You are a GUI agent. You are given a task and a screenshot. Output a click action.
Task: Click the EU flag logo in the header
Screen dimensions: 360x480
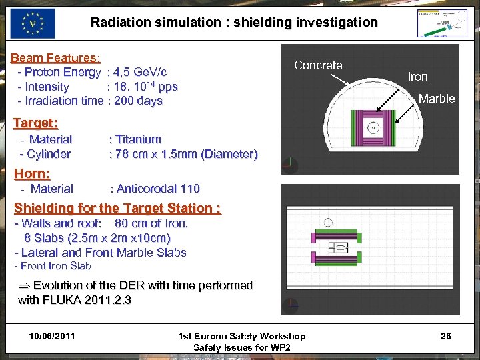coord(33,23)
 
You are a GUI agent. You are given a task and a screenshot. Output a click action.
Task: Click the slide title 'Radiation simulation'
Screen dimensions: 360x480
coord(233,22)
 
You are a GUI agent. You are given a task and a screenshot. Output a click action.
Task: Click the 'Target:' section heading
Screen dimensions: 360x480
coord(36,123)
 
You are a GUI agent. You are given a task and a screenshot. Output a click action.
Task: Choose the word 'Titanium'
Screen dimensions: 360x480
coord(138,139)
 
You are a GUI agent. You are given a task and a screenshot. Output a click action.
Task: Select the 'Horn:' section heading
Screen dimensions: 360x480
coord(32,173)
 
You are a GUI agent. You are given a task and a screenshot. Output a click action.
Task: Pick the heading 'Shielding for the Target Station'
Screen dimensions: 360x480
coord(117,207)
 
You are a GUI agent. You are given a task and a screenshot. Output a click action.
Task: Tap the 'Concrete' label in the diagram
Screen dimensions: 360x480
coord(318,65)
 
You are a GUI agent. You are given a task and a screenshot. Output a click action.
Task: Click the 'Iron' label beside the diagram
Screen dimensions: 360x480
coord(417,77)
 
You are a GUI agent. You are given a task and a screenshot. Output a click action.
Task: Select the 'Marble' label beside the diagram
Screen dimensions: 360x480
coord(436,99)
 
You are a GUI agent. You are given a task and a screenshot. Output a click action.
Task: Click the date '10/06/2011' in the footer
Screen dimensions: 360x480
coord(52,336)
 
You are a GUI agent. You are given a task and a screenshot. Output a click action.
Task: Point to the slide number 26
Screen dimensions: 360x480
coord(445,336)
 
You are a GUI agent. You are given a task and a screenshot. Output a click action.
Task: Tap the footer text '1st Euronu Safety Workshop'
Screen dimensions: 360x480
coord(242,336)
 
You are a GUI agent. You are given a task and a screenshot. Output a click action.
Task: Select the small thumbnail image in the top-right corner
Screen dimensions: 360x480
coord(441,23)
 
